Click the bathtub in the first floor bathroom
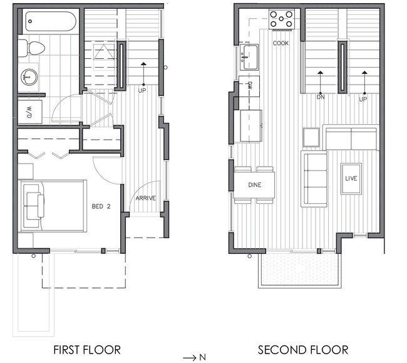[x=51, y=21]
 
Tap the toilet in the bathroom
[x=32, y=48]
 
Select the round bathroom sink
[x=29, y=77]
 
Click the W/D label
[x=29, y=112]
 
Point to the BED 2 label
[x=101, y=206]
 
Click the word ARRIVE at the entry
[x=146, y=198]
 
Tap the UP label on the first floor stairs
[x=142, y=91]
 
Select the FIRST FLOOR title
[x=87, y=350]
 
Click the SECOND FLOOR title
[x=303, y=350]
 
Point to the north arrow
[x=194, y=357]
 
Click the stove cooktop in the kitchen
[x=281, y=19]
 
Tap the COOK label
[x=281, y=43]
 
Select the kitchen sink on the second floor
[x=249, y=57]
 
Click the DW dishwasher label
[x=250, y=86]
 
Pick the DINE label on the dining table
[x=255, y=185]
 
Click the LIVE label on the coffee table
[x=351, y=179]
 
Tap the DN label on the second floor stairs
[x=321, y=97]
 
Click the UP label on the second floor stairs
[x=363, y=99]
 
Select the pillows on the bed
[x=34, y=206]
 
